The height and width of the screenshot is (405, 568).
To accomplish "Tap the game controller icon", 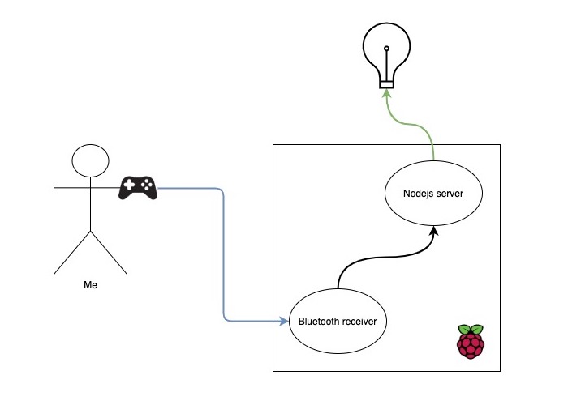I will [138, 187].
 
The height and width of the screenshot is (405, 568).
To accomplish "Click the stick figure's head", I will [90, 160].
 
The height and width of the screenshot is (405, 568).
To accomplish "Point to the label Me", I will [91, 286].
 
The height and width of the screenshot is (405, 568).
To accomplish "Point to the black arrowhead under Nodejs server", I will [433, 232].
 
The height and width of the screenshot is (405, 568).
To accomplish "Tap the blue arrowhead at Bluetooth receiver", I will [285, 321].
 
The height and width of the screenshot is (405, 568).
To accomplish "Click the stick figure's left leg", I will [72, 251].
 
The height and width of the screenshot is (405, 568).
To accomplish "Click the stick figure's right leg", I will [109, 251].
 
